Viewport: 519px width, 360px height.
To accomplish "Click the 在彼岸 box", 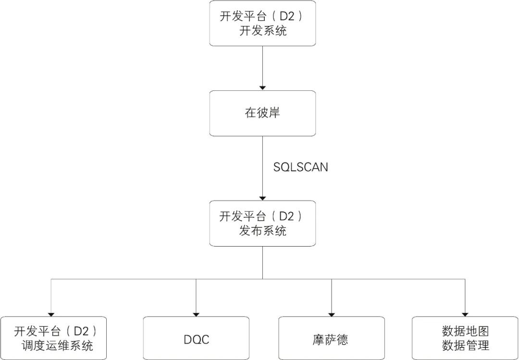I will coord(262,113).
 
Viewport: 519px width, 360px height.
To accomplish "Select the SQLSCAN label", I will coord(301,167).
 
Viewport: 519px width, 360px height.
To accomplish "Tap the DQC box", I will coord(196,339).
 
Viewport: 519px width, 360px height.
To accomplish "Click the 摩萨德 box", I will coord(332,339).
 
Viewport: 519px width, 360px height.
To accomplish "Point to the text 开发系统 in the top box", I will coord(262,32).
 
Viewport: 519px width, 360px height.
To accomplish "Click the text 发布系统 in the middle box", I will coord(262,231).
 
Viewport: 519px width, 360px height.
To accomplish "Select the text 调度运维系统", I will coord(57,346).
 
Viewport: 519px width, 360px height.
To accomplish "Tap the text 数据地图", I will coord(465,332).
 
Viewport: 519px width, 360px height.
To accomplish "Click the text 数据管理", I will coord(465,346).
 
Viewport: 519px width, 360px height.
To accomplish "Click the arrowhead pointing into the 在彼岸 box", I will coord(262,87).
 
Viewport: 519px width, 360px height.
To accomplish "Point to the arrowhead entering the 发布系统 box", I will coord(262,198).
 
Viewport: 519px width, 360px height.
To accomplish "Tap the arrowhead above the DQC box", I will coord(196,313).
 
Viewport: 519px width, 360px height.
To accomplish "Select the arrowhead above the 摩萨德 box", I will coord(332,313).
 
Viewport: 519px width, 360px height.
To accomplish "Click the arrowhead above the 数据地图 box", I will coord(465,313).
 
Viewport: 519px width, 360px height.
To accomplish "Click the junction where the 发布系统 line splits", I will coord(262,279).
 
